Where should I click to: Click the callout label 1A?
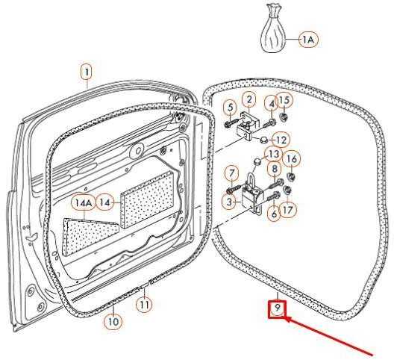point(308,40)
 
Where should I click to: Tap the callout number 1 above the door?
point(87,72)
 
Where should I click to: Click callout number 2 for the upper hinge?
point(249,99)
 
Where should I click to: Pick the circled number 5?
point(231,108)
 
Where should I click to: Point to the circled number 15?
point(284,100)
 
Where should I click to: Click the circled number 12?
point(281,140)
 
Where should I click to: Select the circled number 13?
point(274,154)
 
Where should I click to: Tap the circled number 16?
point(292,159)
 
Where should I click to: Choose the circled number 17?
point(288,210)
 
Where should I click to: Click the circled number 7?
point(231,173)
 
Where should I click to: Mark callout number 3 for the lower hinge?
point(229,202)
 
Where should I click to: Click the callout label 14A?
point(84,203)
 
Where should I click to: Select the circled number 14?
point(105,202)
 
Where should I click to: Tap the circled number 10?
point(113,321)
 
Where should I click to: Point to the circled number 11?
point(144,305)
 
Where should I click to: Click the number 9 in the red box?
point(278,308)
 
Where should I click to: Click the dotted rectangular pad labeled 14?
point(148,197)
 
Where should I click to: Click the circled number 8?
point(275,169)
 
